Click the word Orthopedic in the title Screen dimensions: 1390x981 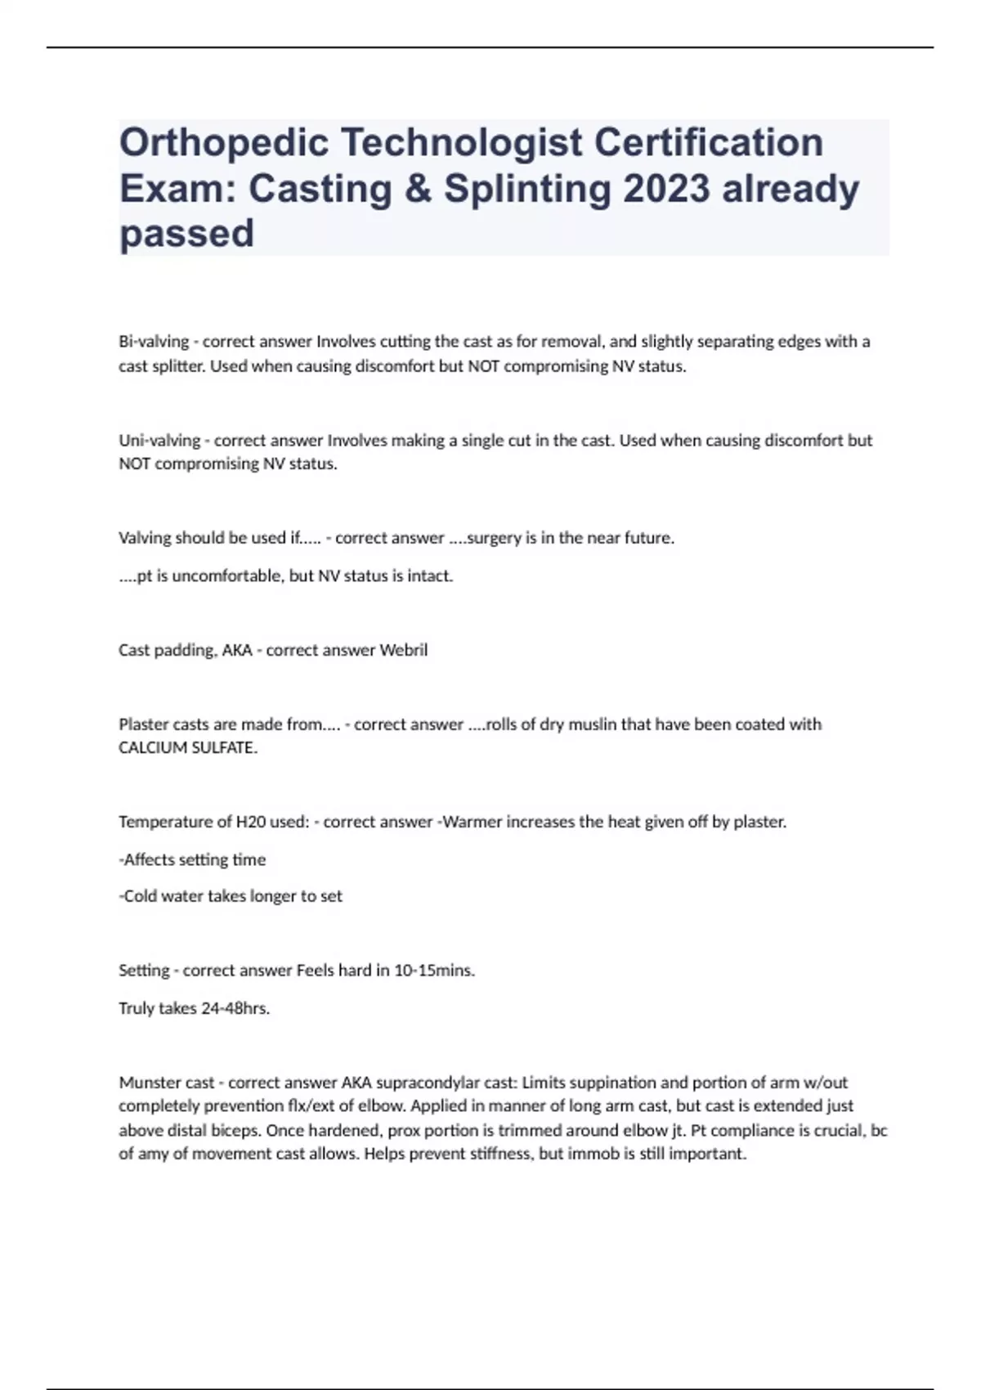(222, 143)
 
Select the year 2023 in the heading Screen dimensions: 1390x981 (665, 189)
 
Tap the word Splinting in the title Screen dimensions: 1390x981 (527, 189)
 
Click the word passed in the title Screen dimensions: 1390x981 (186, 234)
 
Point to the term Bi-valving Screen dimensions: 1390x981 (154, 342)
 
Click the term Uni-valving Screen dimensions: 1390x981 (159, 440)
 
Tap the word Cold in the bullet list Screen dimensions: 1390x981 (140, 896)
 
